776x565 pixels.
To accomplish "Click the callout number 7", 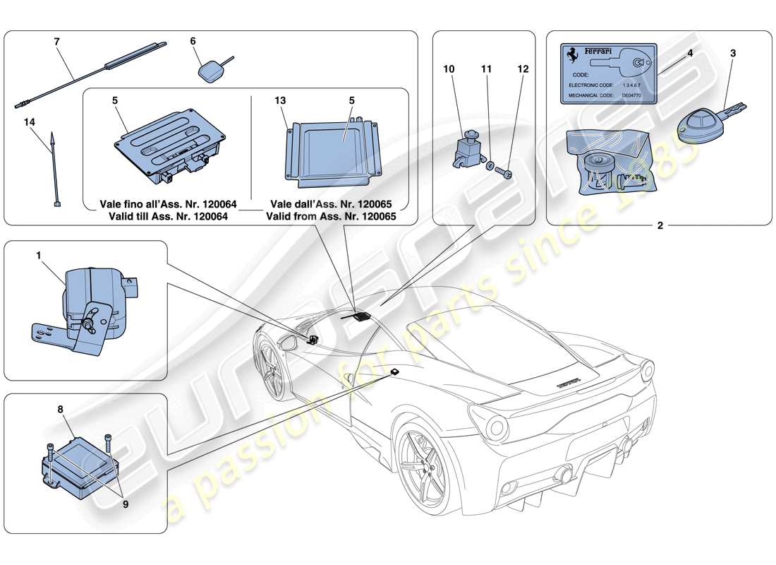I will tap(57, 42).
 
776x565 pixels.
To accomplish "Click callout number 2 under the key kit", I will tap(660, 226).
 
